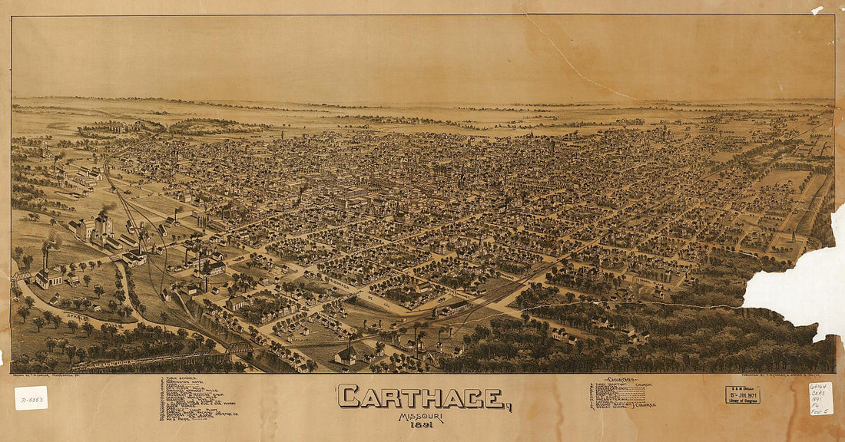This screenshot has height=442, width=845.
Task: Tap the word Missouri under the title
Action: (x=420, y=417)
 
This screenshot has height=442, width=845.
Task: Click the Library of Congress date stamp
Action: (x=742, y=394)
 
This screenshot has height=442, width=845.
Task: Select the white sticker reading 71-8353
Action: (x=31, y=397)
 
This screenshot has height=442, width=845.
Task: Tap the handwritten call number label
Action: (x=820, y=398)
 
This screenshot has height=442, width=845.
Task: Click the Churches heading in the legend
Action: (x=620, y=379)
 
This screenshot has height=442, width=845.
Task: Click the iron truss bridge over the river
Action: (x=238, y=348)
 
